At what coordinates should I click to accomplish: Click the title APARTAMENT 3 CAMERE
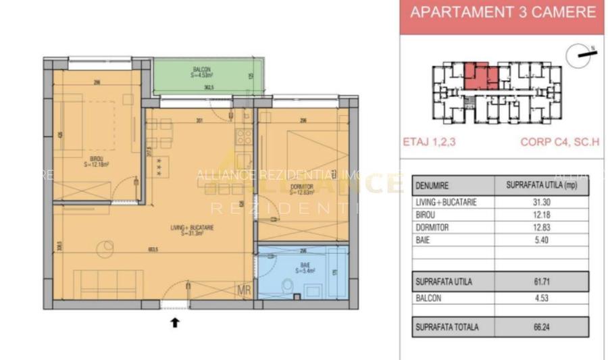503,12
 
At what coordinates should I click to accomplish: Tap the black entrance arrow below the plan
175,323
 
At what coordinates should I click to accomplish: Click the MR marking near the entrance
245,292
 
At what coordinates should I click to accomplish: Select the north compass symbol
579,57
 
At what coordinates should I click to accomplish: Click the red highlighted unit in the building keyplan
480,76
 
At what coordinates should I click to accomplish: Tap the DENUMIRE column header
433,185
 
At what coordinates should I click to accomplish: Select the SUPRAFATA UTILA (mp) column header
542,185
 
